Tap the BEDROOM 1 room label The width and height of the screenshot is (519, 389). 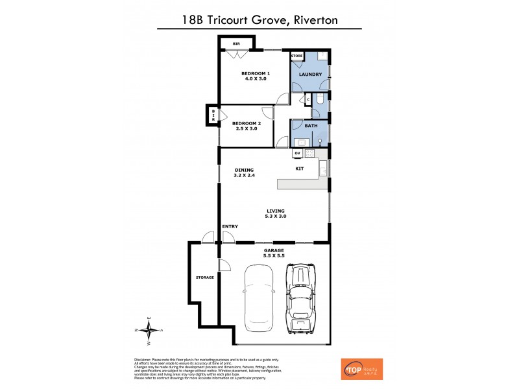(x=255, y=73)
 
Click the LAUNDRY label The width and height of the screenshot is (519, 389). (x=310, y=75)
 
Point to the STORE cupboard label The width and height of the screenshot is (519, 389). (x=297, y=56)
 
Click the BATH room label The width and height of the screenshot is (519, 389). (x=311, y=126)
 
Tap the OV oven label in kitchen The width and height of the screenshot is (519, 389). (x=297, y=153)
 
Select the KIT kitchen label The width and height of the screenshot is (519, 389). (x=300, y=169)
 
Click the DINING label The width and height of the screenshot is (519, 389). (x=244, y=170)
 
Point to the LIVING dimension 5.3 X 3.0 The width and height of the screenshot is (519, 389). (x=276, y=216)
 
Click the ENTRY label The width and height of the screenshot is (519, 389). (x=230, y=226)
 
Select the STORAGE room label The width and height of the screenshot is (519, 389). (x=205, y=277)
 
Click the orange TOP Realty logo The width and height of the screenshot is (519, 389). (x=361, y=369)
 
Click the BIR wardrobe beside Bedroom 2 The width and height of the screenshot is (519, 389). (x=213, y=116)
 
